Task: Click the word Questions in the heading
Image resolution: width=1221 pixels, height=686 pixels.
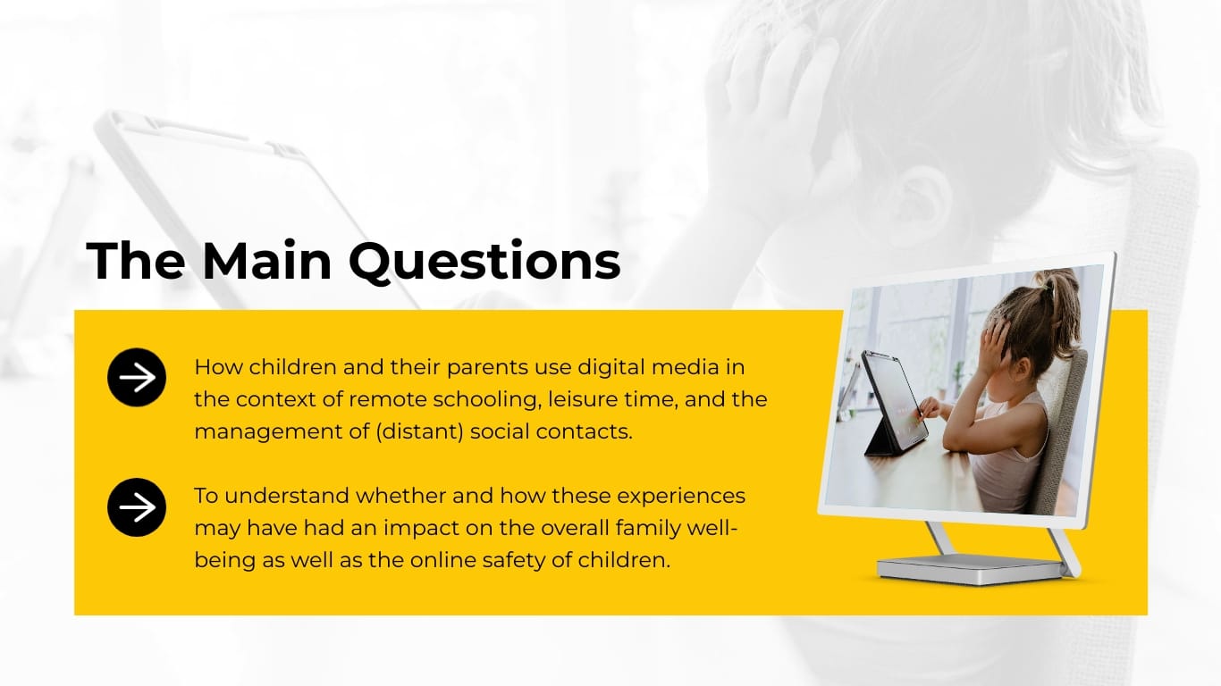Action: (x=484, y=261)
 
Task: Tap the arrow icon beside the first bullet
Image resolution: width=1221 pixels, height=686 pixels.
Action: (x=137, y=378)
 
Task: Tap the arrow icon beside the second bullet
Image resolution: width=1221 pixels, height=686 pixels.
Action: (x=137, y=508)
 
